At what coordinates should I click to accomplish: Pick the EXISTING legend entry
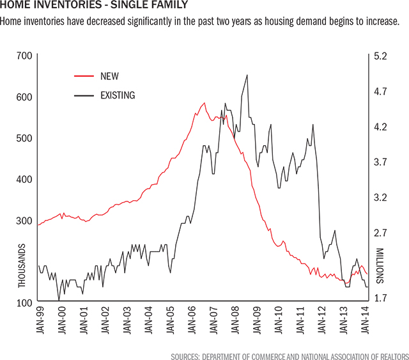pos(118,96)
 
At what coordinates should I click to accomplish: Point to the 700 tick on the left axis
pos(24,56)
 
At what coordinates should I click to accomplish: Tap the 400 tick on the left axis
pos(24,179)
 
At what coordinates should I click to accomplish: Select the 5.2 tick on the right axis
pos(381,56)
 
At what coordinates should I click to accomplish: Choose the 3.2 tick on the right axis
pos(381,198)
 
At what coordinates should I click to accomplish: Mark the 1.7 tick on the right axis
pos(381,298)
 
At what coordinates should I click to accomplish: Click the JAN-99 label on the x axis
pos(40,325)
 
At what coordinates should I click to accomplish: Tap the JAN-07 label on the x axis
pos(213,325)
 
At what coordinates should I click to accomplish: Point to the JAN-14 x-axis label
pos(366,325)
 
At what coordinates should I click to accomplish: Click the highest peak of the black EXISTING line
pos(247,75)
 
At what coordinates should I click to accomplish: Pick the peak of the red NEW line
pos(204,102)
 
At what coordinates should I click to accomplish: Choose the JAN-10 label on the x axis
pos(279,325)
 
